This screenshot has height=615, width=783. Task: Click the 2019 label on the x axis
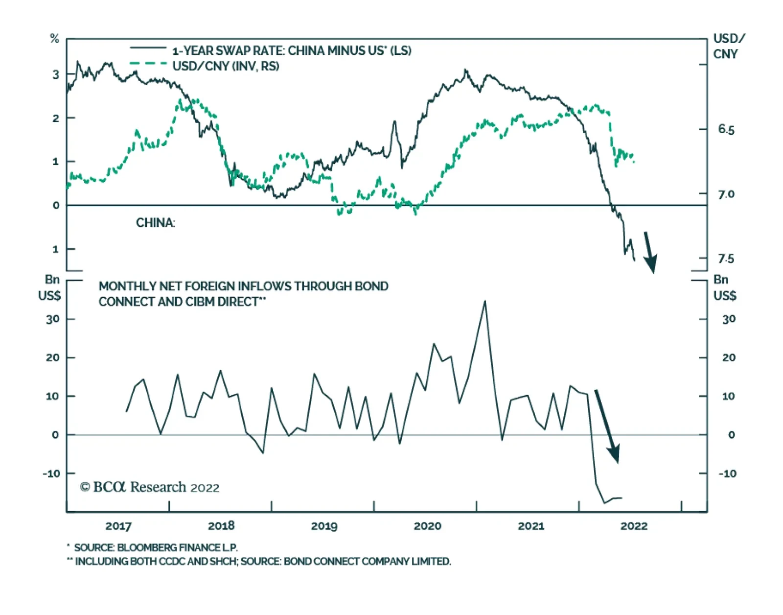tap(324, 526)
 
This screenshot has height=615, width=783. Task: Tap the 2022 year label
tap(634, 526)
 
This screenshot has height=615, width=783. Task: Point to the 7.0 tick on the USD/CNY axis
tap(726, 194)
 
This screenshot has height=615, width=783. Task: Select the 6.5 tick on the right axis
tap(726, 130)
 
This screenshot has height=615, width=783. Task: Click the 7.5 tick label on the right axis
tap(726, 259)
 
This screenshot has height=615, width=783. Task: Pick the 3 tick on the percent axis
tap(56, 74)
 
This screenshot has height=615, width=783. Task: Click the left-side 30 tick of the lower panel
tap(52, 319)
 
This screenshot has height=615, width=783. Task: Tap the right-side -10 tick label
tap(727, 473)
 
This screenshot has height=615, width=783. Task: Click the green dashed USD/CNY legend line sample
tap(148, 64)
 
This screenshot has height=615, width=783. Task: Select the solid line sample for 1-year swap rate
tap(148, 48)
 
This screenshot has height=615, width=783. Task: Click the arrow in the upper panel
tap(649, 252)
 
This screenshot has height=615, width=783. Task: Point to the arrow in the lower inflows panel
tap(607, 426)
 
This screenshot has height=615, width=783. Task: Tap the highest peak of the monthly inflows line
tap(485, 301)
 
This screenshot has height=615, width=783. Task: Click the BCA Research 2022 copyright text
tap(150, 487)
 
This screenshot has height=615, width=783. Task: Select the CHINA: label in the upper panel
tap(155, 223)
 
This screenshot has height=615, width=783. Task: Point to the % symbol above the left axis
tap(55, 39)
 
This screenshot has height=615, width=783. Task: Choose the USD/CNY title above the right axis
tap(729, 46)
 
